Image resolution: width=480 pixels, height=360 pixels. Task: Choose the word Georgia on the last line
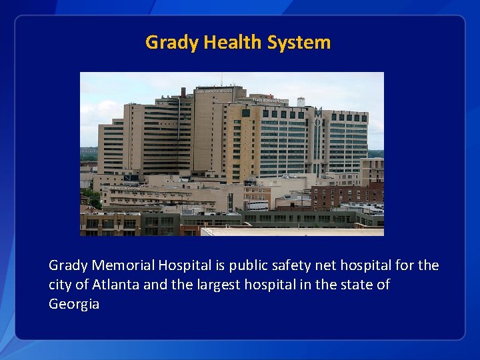[74, 304]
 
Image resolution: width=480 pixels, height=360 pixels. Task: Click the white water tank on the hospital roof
[301, 102]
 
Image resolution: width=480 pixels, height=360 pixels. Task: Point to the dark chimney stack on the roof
[183, 92]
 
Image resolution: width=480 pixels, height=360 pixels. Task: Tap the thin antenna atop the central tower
[221, 79]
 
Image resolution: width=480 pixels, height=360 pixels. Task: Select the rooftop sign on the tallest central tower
[213, 91]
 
